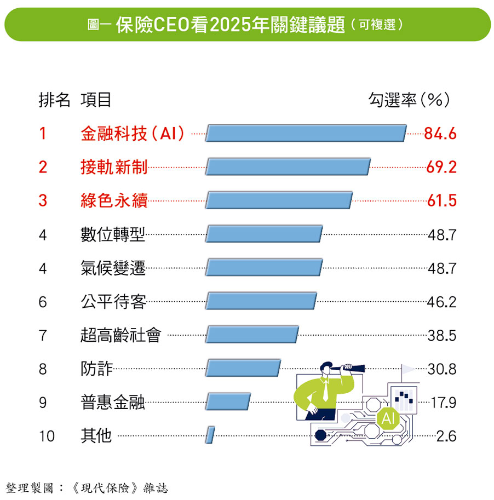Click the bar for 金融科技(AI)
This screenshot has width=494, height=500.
pyautogui.click(x=306, y=133)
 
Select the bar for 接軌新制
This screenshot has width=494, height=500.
pyautogui.click(x=288, y=167)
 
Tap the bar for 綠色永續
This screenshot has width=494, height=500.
pyautogui.click(x=279, y=200)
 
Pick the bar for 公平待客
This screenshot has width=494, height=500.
pyautogui.click(x=261, y=301)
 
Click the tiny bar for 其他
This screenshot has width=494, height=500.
pyautogui.click(x=210, y=436)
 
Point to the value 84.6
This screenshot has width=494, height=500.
pyautogui.click(x=440, y=134)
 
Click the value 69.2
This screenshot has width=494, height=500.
pyautogui.click(x=441, y=167)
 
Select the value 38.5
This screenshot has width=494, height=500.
pyautogui.click(x=441, y=335)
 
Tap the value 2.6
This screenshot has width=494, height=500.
pyautogui.click(x=446, y=436)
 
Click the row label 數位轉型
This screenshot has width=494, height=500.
pyautogui.click(x=113, y=234)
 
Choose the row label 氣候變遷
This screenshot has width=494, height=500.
pyautogui.click(x=113, y=268)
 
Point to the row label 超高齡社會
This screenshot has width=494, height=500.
pyautogui.click(x=120, y=335)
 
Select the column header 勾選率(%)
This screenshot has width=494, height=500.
pyautogui.click(x=409, y=100)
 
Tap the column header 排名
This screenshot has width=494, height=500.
pyautogui.click(x=54, y=100)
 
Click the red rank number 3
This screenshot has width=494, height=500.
pyautogui.click(x=43, y=200)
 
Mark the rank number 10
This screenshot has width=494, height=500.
pyautogui.click(x=47, y=436)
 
